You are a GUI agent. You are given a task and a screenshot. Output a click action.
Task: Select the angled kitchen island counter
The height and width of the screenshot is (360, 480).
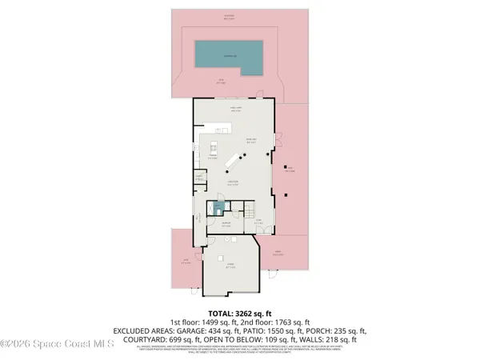coord(234,161)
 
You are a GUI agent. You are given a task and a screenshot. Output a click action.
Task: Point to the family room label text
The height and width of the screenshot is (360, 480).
coord(236,110)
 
